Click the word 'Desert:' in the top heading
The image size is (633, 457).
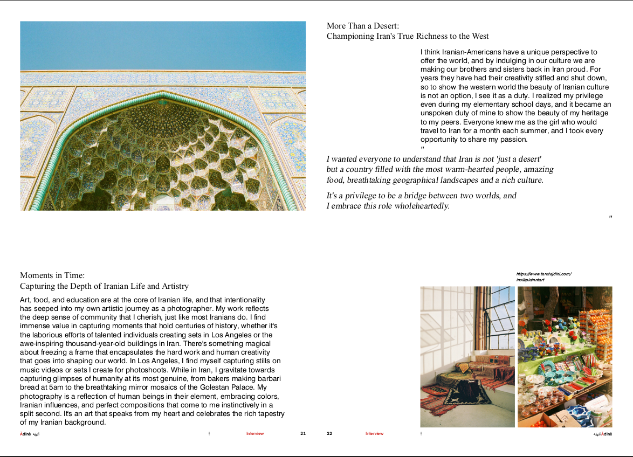[x=386, y=25]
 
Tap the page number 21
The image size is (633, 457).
[x=303, y=433]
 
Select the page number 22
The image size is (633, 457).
[x=329, y=433]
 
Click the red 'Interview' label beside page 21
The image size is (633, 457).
[x=255, y=433]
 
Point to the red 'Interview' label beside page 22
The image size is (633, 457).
[x=374, y=433]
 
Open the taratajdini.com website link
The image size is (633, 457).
[x=543, y=274]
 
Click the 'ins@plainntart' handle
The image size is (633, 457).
[x=530, y=280]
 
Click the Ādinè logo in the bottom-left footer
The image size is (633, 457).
[x=30, y=433]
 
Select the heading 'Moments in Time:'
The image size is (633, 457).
[x=52, y=275]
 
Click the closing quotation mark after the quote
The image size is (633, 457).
[x=610, y=218]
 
